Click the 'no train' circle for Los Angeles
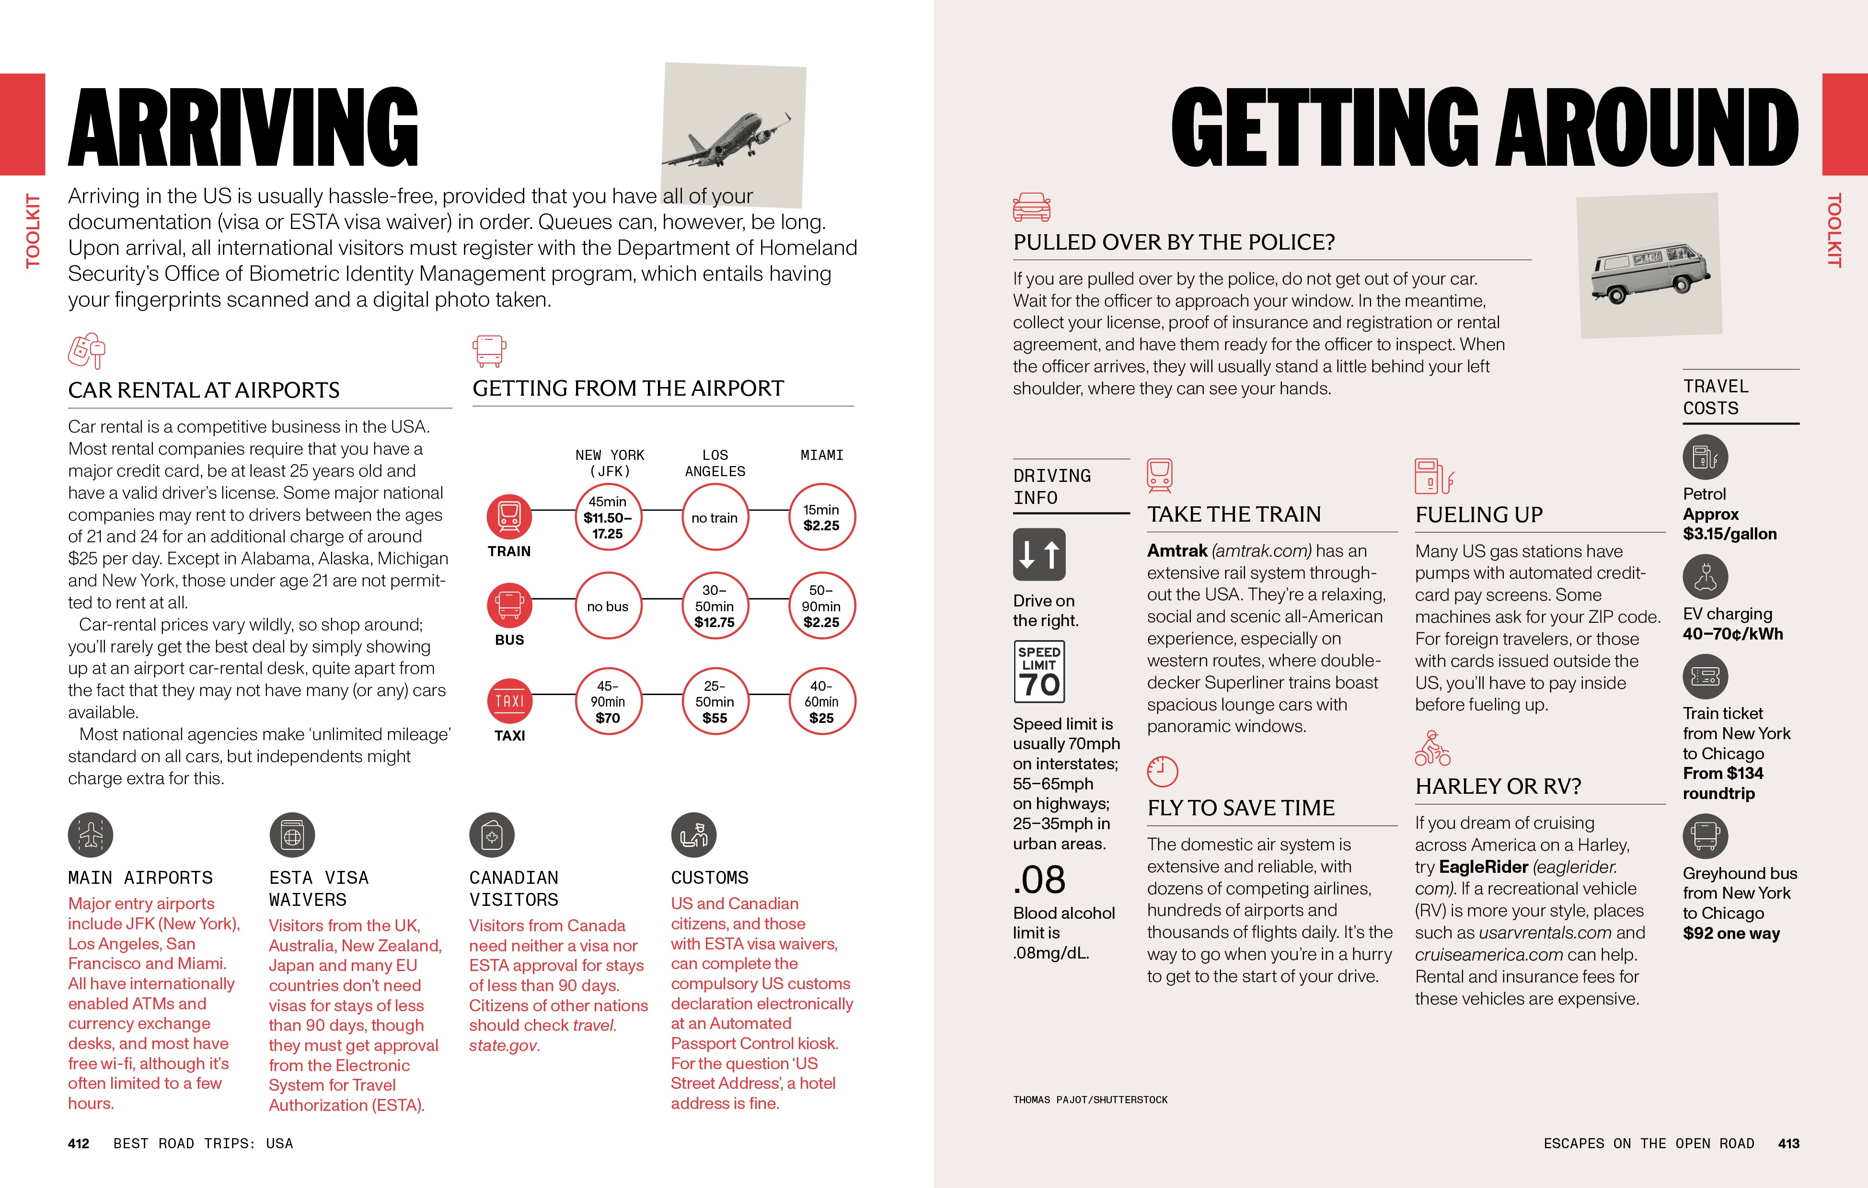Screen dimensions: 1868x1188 tap(715, 517)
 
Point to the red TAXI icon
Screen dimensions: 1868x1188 tap(510, 701)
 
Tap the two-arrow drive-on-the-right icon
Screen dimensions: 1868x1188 tap(1039, 554)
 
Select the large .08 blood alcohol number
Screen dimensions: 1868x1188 tap(1039, 880)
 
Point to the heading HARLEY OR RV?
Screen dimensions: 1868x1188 tap(1498, 786)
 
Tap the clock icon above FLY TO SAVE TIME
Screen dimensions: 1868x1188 tap(1162, 772)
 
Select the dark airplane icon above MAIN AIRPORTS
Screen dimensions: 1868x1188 tap(91, 835)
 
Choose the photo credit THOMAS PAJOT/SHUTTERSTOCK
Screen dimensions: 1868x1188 tap(1090, 1099)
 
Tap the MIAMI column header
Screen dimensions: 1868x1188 tap(821, 455)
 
